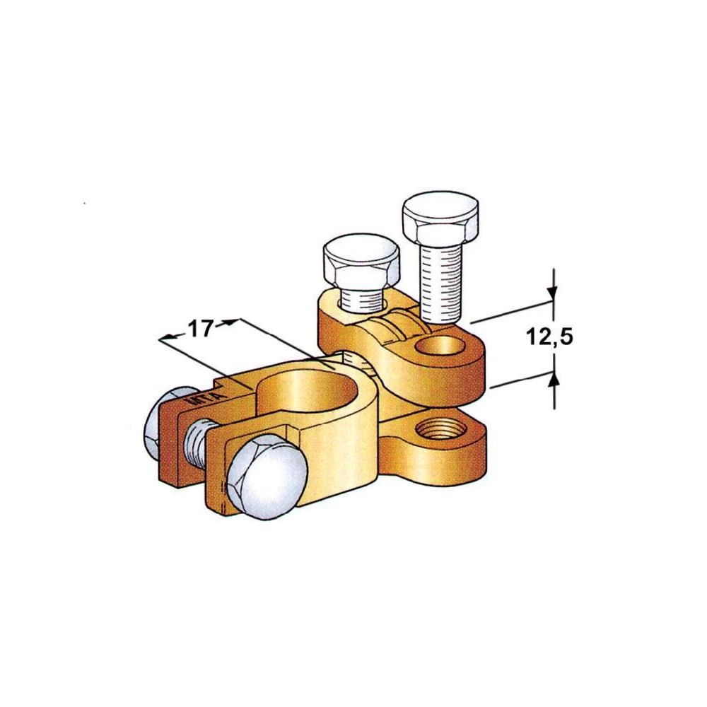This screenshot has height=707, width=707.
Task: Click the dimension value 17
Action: (200, 329)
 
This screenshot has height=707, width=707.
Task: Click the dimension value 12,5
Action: (549, 338)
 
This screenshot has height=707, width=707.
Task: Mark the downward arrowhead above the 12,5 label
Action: (554, 293)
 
